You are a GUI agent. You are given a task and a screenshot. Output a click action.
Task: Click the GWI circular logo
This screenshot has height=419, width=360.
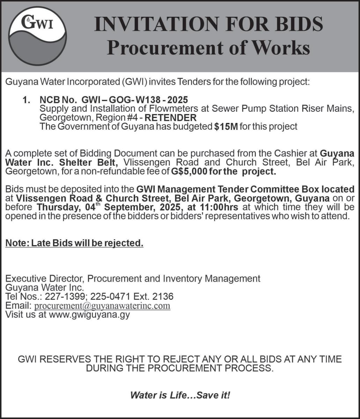(x=37, y=36)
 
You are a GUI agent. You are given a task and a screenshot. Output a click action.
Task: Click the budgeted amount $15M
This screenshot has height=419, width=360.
(x=226, y=126)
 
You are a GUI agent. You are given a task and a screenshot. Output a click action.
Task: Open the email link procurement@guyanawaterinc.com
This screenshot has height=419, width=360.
(x=102, y=306)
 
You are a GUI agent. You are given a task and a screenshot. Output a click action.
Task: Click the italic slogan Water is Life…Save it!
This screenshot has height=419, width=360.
(x=180, y=395)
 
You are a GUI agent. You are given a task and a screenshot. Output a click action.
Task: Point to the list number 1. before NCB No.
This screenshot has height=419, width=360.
(x=27, y=101)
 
